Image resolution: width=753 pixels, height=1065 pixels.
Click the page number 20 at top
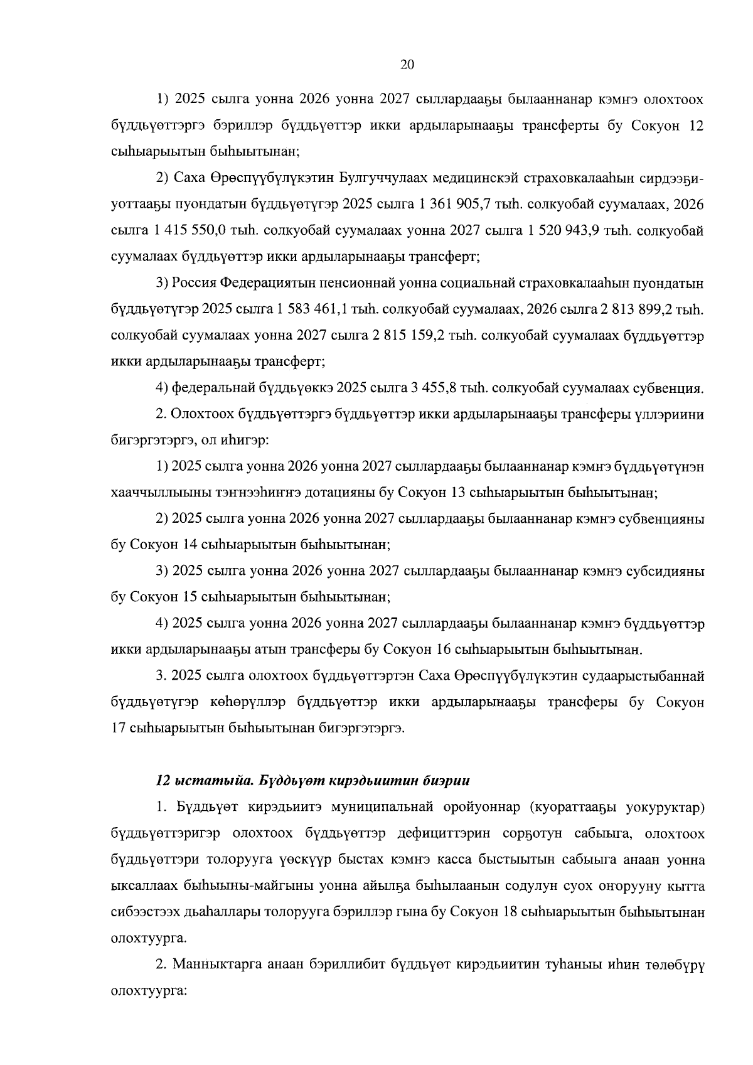click(407, 65)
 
